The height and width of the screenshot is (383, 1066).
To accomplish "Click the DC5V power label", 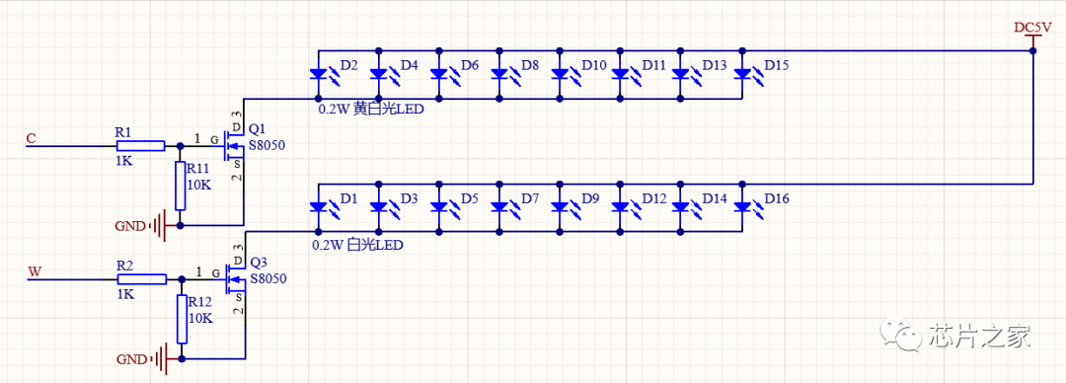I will (x=1032, y=28).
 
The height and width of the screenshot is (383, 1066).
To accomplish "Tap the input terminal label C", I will (x=31, y=139).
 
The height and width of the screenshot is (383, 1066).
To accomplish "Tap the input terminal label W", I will (x=34, y=272).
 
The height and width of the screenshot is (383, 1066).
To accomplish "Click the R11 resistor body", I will (x=180, y=186).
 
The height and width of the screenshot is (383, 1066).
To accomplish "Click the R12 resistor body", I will (x=180, y=318).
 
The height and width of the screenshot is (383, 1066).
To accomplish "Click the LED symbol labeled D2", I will (x=319, y=73).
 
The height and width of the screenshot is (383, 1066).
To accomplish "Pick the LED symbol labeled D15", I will (x=742, y=73).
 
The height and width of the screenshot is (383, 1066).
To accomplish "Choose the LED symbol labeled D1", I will (x=319, y=206).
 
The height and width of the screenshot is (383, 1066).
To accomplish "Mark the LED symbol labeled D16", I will (x=742, y=206).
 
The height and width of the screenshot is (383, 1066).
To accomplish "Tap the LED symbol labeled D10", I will (x=561, y=73).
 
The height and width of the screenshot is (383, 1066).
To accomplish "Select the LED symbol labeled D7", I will (x=500, y=206).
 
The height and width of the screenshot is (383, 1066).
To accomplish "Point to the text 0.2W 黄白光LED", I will (x=370, y=110).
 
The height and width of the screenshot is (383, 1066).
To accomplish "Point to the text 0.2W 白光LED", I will (x=357, y=243).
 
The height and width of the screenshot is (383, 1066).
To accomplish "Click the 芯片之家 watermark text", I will (x=979, y=336).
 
